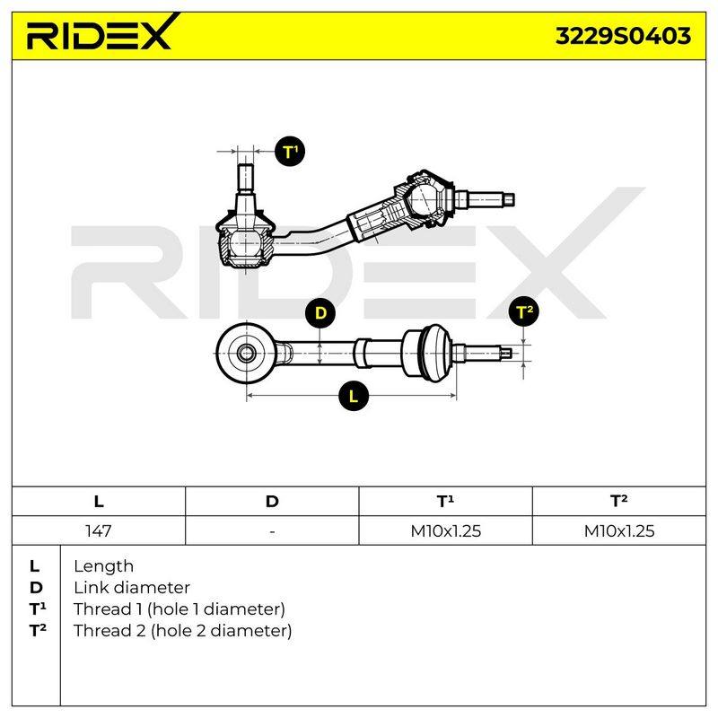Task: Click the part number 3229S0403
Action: [x=623, y=36]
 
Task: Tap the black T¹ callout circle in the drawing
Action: [x=290, y=152]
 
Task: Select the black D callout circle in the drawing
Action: [x=320, y=313]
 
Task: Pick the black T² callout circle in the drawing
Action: [x=524, y=311]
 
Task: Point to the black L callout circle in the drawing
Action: [x=354, y=396]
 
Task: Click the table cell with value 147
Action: [x=99, y=530]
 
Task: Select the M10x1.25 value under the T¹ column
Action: [x=445, y=530]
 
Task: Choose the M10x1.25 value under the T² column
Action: [x=619, y=530]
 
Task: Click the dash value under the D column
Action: [x=273, y=531]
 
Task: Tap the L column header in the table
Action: [x=99, y=502]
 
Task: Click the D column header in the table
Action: [x=272, y=502]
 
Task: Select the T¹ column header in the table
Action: [x=445, y=501]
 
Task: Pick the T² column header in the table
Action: [x=619, y=501]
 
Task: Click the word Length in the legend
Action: [x=103, y=566]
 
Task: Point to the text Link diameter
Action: [x=132, y=588]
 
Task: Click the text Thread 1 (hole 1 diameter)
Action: [x=179, y=609]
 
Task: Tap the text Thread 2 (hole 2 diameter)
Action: [x=183, y=631]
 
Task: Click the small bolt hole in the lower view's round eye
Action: [x=248, y=353]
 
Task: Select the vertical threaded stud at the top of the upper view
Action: [x=246, y=178]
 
